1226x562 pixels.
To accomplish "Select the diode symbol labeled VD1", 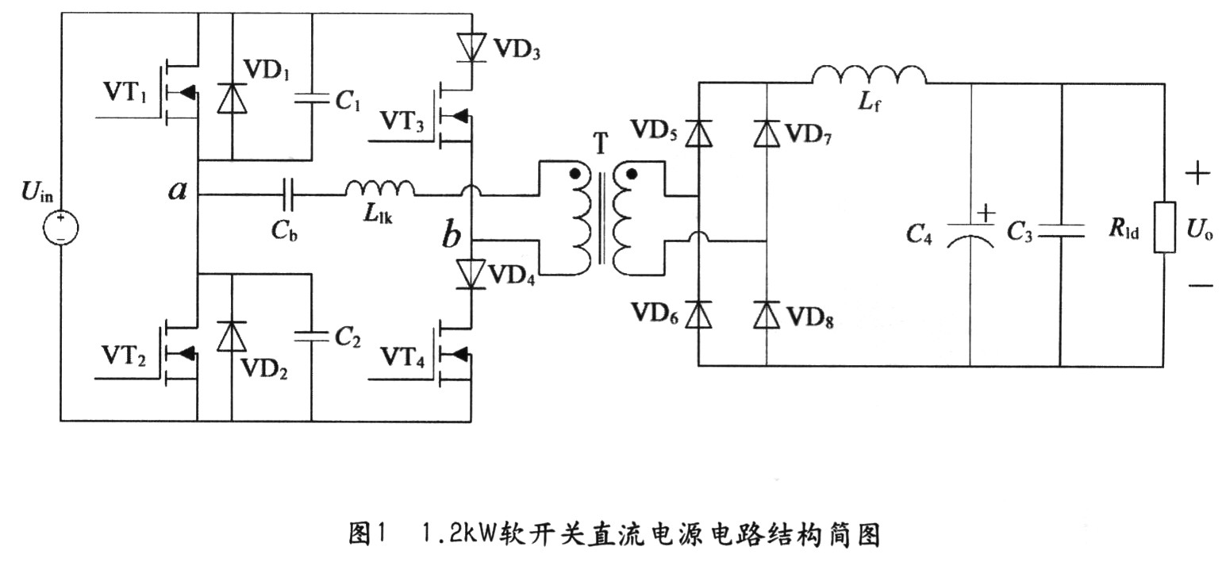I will click(232, 98).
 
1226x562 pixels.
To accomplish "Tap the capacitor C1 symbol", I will click(311, 100).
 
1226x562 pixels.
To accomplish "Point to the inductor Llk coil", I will click(379, 189).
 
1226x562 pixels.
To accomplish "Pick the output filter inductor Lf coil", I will click(868, 75).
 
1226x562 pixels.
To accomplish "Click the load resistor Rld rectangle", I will click(1164, 228).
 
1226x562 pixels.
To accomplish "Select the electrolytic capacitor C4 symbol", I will click(970, 231).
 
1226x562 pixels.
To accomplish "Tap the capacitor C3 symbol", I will click(1061, 230).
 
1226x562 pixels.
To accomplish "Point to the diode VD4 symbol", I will click(471, 274).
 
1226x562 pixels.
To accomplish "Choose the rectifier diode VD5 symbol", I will click(698, 133).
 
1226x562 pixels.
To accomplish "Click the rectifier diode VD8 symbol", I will click(766, 314).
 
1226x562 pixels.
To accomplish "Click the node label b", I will click(451, 236).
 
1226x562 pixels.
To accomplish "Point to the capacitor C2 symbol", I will click(311, 337).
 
